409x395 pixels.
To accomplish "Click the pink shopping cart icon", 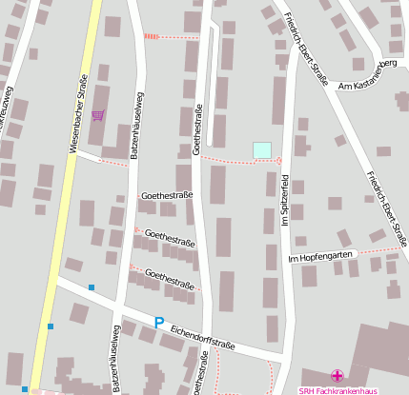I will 97,115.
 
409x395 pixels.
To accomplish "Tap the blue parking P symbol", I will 158,323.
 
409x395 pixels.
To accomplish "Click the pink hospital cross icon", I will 335,377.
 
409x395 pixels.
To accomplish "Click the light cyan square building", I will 261,149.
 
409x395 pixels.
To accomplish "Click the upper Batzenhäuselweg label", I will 139,124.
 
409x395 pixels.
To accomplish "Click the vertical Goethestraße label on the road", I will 198,128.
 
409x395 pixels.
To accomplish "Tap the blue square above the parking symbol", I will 92,286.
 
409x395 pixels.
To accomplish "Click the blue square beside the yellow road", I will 50,326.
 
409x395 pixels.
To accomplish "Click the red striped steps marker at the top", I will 152,36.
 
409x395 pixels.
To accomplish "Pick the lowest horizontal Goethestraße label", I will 170,279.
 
